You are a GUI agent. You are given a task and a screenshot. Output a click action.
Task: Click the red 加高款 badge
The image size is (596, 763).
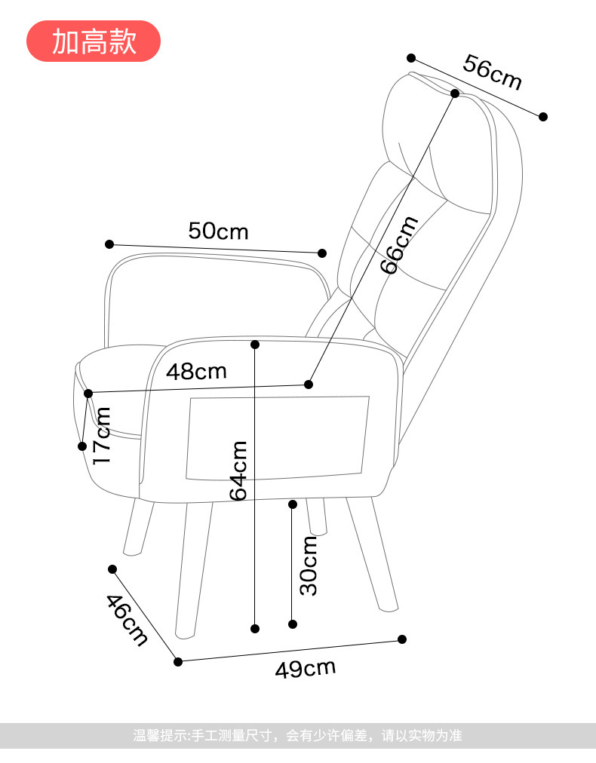click(94, 41)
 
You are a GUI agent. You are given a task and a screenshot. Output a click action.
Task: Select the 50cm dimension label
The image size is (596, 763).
click(218, 231)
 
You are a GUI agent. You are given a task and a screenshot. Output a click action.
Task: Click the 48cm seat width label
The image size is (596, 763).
click(196, 371)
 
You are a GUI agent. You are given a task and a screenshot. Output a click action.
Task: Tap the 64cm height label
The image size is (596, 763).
click(238, 470)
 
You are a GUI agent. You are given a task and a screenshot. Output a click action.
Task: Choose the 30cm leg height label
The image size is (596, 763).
click(309, 565)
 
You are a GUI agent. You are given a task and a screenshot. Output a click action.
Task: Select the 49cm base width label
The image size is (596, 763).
click(305, 668)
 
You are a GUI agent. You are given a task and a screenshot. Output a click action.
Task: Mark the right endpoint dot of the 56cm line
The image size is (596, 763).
click(542, 116)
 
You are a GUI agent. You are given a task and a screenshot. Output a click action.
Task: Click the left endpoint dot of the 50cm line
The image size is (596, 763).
click(109, 244)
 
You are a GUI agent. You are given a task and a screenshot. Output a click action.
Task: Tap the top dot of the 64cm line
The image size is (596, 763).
click(255, 345)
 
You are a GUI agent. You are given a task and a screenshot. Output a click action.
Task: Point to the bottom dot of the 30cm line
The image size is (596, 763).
click(293, 624)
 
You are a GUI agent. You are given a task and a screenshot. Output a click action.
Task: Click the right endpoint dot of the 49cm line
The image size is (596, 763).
click(401, 639)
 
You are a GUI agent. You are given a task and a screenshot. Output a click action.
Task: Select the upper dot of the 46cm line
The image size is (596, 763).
click(112, 569)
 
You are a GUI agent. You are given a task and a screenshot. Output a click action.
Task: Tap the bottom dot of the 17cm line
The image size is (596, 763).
click(82, 446)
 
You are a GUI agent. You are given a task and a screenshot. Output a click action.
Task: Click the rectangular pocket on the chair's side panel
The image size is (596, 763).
click(277, 438)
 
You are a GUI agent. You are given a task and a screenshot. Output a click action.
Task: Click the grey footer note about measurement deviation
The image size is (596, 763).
click(297, 735)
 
